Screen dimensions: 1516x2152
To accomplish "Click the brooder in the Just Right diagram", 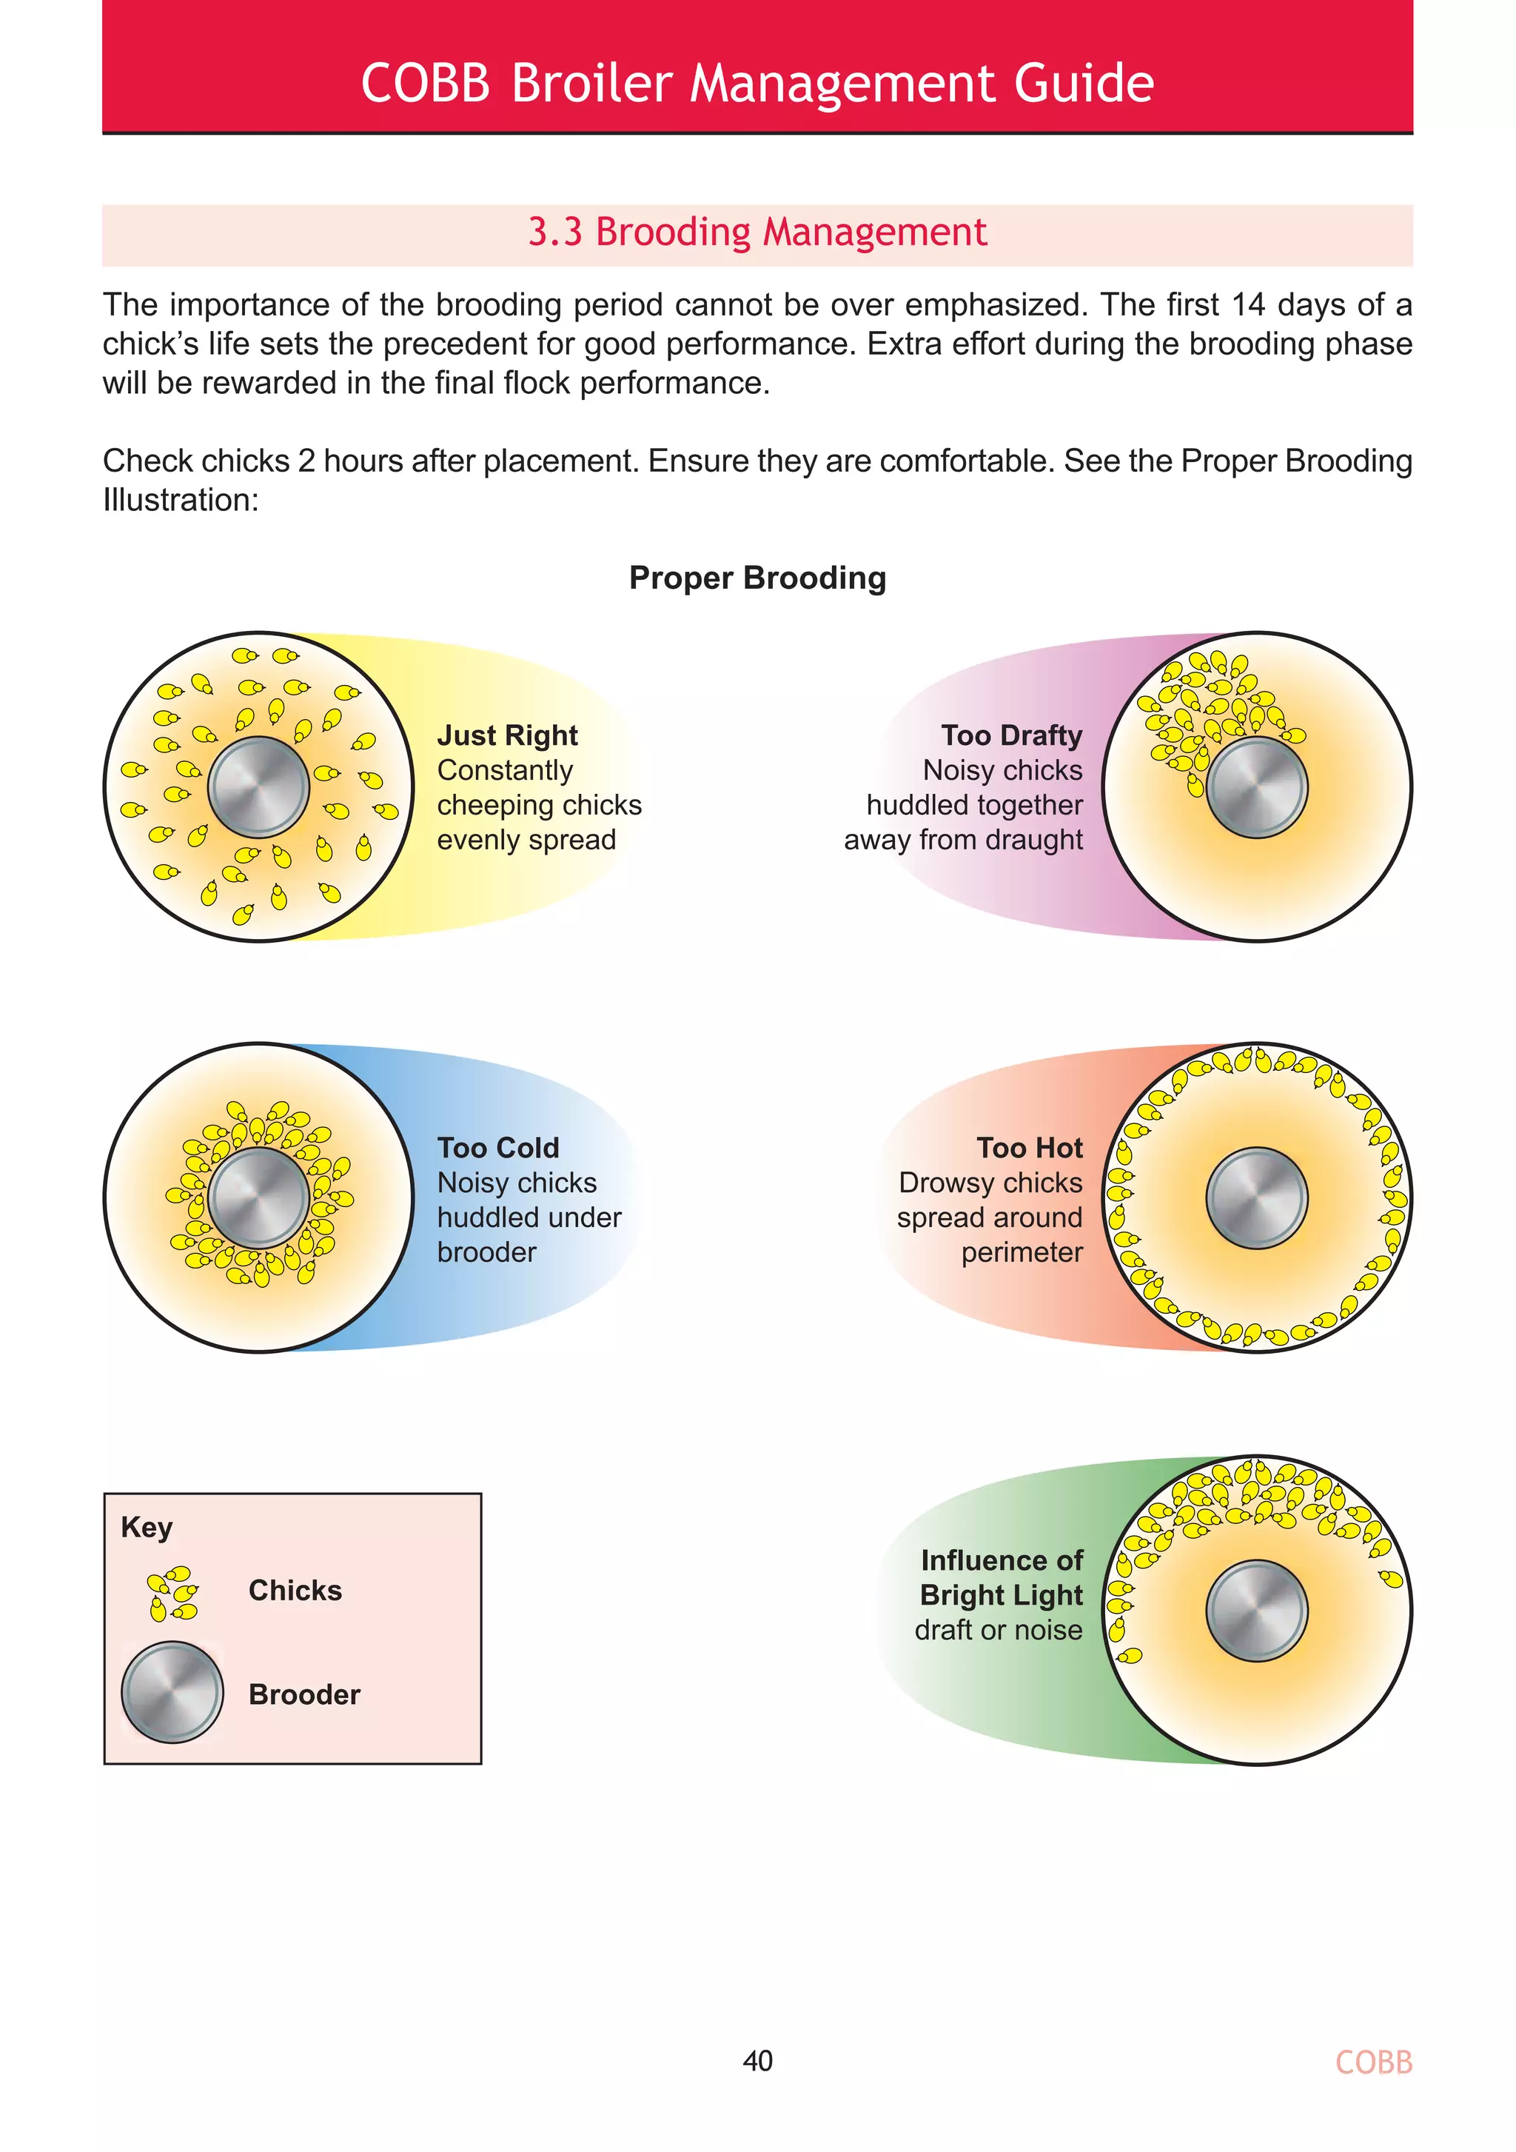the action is point(258,786).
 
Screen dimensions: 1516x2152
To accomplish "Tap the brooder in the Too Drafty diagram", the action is point(1256,786).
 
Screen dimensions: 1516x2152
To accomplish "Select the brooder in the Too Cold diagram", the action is point(258,1198).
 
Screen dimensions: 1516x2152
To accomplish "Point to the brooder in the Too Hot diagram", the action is point(1256,1198).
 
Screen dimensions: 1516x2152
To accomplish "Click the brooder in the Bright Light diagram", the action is point(1256,1610).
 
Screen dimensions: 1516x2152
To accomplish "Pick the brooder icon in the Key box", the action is point(172,1692).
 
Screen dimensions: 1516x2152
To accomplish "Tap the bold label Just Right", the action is point(507,736).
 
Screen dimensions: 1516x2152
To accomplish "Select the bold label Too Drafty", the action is point(1011,736).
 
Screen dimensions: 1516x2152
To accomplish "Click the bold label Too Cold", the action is point(497,1148).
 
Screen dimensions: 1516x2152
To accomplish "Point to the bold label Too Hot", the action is point(1029,1148).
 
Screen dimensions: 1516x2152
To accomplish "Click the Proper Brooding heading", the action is point(757,578).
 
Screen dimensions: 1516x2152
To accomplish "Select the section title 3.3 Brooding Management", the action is point(757,233).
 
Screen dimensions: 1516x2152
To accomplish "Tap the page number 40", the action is point(757,2060).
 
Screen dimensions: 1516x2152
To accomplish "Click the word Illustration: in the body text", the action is point(180,501).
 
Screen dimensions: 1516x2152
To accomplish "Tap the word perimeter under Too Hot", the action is point(1022,1253).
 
